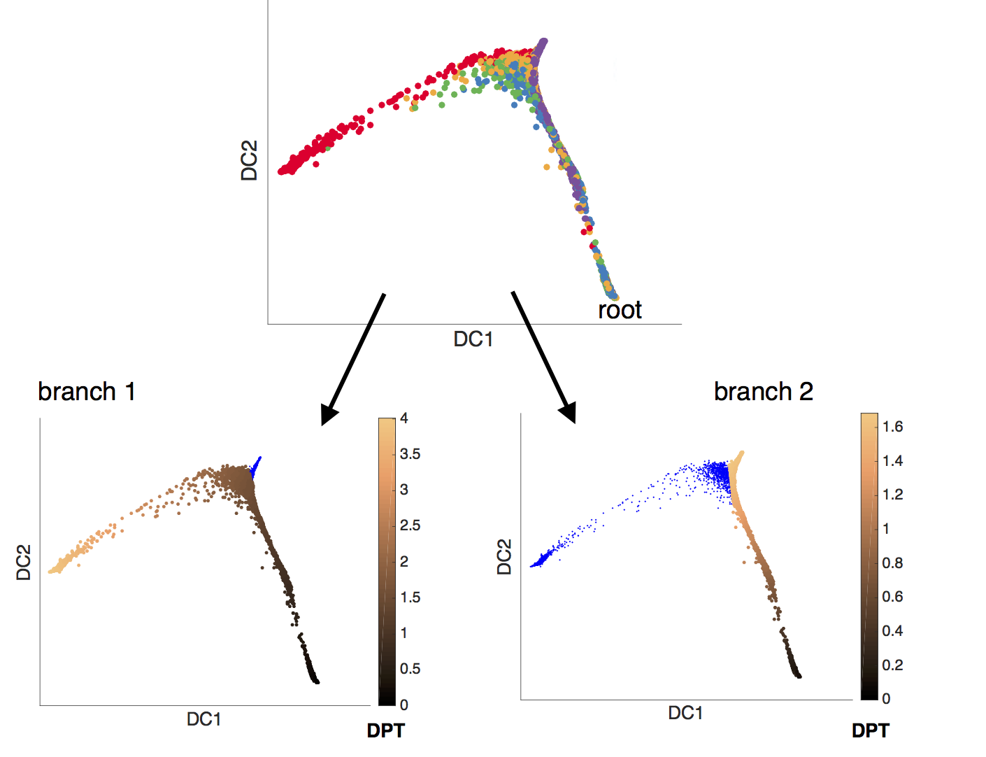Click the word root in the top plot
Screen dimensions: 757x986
620,310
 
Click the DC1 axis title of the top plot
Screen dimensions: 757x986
473,339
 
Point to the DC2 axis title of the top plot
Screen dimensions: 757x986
250,160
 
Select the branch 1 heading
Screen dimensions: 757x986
87,392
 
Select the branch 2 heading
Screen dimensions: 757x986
764,392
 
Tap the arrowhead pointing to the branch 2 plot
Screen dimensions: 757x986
568,413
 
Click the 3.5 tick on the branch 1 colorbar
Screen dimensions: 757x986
410,454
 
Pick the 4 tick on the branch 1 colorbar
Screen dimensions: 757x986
404,418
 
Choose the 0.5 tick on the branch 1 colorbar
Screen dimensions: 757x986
410,669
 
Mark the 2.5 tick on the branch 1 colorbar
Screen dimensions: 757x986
410,525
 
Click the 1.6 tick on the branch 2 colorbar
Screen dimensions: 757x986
893,427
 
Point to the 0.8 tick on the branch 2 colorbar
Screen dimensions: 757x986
893,563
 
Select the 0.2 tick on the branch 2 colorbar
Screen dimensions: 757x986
893,665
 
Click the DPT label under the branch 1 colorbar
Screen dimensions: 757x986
386,731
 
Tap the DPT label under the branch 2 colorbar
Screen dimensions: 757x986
871,731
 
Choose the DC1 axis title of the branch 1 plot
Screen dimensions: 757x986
203,719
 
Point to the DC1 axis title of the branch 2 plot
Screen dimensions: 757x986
685,713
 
